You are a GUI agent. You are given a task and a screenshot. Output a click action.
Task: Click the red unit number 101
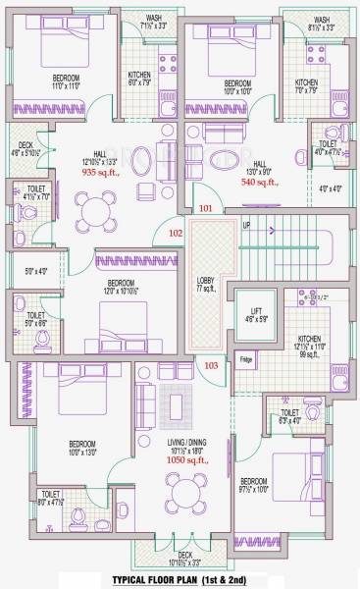point(205,209)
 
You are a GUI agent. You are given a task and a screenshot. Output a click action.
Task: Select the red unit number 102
point(176,233)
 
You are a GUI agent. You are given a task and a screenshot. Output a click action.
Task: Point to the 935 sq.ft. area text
point(98,170)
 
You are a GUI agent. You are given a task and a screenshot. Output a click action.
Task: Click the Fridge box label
point(247,359)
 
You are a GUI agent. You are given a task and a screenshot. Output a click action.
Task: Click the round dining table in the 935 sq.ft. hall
point(95,209)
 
